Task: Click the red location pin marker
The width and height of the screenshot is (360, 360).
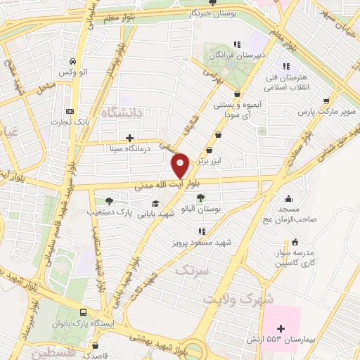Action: click(x=181, y=166)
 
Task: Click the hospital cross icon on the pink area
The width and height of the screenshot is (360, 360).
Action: click(x=281, y=328)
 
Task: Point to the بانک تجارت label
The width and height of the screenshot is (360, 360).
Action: click(x=70, y=122)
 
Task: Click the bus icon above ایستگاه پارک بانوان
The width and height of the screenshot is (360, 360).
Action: click(x=84, y=312)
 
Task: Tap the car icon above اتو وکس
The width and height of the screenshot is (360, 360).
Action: click(x=84, y=61)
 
